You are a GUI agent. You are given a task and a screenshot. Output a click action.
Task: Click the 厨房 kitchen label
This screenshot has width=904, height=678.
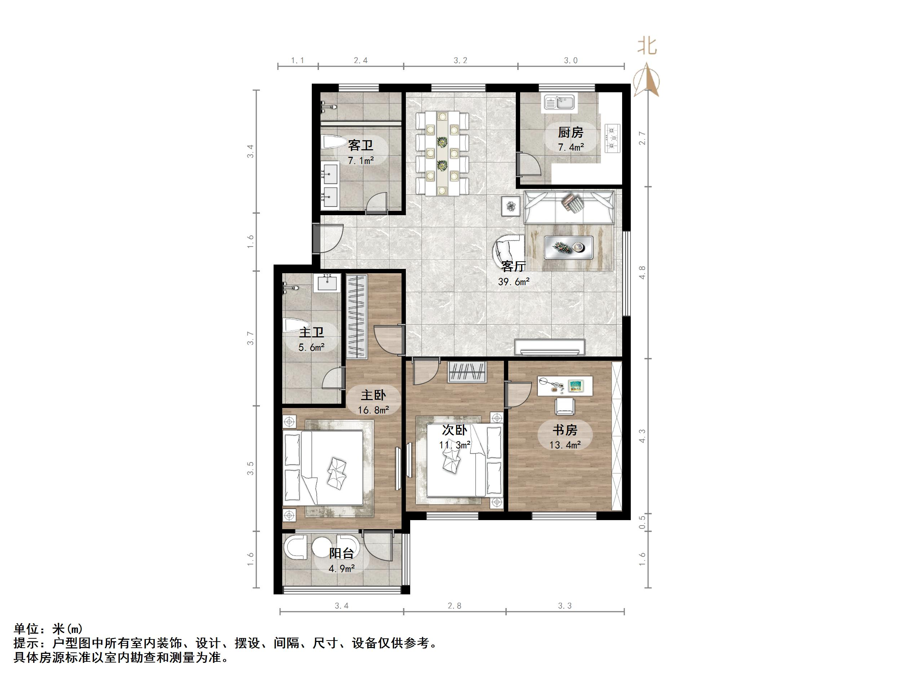(x=571, y=132)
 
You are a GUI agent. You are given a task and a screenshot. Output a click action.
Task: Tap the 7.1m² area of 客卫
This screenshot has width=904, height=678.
(x=361, y=161)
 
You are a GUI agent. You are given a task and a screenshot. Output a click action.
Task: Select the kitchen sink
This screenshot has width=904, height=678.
(x=559, y=103)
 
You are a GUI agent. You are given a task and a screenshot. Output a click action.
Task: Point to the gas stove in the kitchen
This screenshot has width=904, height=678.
(x=612, y=138)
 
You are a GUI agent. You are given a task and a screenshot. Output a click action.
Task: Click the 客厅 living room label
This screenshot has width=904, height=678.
(x=513, y=266)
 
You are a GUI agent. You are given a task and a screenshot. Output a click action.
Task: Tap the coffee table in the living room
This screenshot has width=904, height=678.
(x=568, y=247)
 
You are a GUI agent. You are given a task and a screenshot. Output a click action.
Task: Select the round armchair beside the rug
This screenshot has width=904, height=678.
(x=508, y=251)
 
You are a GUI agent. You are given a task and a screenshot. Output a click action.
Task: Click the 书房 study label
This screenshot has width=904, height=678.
(x=565, y=430)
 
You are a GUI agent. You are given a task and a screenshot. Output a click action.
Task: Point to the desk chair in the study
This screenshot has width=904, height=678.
(x=564, y=407)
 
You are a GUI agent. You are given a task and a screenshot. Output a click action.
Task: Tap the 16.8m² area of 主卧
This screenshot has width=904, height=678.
(x=373, y=409)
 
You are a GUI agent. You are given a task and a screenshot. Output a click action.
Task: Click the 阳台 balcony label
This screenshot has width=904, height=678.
(x=342, y=553)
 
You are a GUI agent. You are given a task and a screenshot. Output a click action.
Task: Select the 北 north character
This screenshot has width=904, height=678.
(x=647, y=46)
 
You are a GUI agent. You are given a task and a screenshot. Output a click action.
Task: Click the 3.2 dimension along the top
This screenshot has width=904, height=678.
(x=460, y=61)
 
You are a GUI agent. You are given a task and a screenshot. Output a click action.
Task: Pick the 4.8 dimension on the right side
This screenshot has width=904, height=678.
(x=642, y=272)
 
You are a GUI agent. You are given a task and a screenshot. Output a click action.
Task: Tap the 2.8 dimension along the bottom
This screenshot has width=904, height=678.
(x=454, y=606)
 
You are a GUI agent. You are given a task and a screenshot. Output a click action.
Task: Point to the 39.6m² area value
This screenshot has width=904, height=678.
(x=514, y=282)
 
